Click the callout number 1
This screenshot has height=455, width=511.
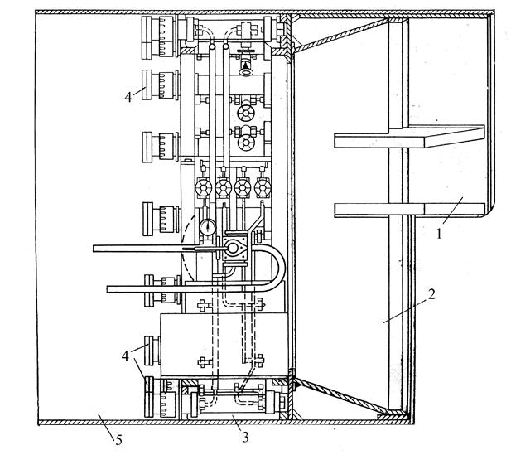(439, 234)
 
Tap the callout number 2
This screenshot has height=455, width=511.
(431, 294)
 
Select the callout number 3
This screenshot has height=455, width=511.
(245, 437)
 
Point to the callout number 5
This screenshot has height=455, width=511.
(118, 440)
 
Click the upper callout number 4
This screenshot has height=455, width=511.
(128, 97)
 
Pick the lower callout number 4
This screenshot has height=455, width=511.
(125, 356)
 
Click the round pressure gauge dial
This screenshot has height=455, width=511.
(208, 227)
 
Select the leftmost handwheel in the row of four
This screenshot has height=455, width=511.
(204, 188)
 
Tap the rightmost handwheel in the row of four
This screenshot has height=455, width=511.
(263, 188)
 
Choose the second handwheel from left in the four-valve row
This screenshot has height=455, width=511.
(224, 188)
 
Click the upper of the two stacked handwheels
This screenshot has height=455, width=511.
(246, 112)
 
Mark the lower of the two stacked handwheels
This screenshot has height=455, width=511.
(246, 142)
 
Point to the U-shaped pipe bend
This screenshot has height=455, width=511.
(278, 269)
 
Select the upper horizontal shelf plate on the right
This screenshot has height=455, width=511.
(410, 136)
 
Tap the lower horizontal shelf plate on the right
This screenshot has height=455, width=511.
(410, 210)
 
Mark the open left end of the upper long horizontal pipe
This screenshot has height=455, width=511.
(94, 249)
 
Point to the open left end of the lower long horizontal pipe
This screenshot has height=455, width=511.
(108, 289)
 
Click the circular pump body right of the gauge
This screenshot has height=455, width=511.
(233, 248)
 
